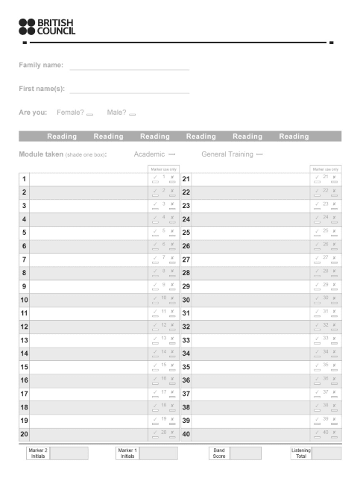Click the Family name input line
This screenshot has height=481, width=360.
tap(129, 66)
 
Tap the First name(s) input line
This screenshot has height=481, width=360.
tap(129, 89)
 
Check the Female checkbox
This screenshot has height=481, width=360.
tap(89, 114)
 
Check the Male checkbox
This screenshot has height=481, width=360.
tap(132, 114)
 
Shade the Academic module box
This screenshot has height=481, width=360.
tap(171, 154)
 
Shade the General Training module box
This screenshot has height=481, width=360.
tap(259, 154)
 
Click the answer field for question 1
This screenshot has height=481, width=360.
tap(89, 179)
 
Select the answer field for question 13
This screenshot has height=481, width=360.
tap(89, 340)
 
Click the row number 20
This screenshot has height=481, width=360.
tap(24, 434)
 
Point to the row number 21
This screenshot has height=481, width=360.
tap(186, 179)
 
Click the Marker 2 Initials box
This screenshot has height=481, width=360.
tap(69, 453)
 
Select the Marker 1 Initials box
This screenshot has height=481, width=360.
tap(159, 453)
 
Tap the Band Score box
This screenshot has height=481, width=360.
tap(245, 453)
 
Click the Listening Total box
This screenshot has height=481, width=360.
tap(326, 453)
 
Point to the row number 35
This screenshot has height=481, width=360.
tap(186, 367)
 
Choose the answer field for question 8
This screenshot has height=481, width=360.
tap(89, 273)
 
